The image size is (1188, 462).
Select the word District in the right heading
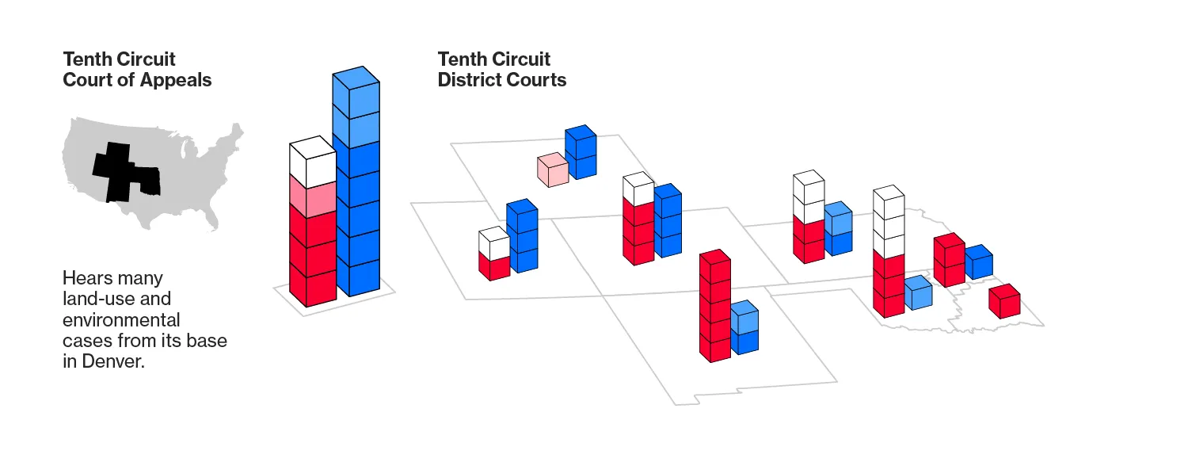(471, 80)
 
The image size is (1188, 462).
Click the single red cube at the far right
(1004, 301)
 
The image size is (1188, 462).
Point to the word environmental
(121, 320)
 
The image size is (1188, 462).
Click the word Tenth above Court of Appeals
(89, 59)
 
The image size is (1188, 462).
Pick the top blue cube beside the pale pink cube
(580, 141)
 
